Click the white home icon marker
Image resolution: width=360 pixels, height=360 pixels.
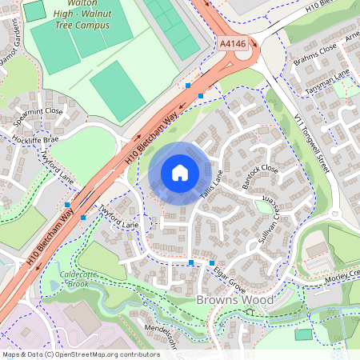click(x=180, y=172)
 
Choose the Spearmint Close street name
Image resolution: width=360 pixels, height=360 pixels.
click(x=38, y=111)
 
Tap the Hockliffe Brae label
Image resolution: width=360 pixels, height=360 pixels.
click(x=37, y=138)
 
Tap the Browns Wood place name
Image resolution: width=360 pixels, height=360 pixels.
click(x=234, y=300)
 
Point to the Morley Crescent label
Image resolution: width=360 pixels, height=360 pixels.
click(x=344, y=278)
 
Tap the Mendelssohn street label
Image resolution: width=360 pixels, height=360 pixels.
click(x=148, y=333)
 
